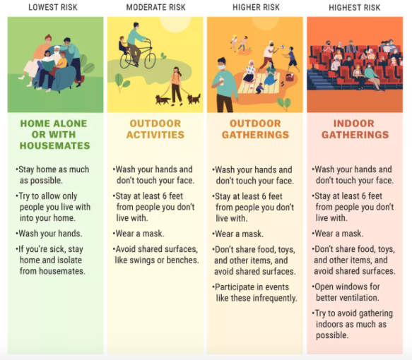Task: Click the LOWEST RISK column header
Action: [53, 7]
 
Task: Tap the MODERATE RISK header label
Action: [155, 7]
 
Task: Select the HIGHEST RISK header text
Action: [355, 8]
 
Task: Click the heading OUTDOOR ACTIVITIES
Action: [155, 129]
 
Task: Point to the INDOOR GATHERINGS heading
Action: [355, 129]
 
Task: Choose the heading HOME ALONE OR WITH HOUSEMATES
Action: [54, 135]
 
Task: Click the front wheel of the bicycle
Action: [150, 60]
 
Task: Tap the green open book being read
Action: [48, 66]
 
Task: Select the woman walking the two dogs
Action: [176, 86]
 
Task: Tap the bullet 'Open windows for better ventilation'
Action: [346, 292]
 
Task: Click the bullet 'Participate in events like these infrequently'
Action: [254, 292]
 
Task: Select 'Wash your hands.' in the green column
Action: [49, 233]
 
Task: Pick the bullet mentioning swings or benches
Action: [155, 255]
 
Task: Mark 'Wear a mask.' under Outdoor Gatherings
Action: [237, 234]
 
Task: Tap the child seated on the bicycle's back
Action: [123, 45]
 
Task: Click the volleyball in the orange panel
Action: [282, 47]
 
